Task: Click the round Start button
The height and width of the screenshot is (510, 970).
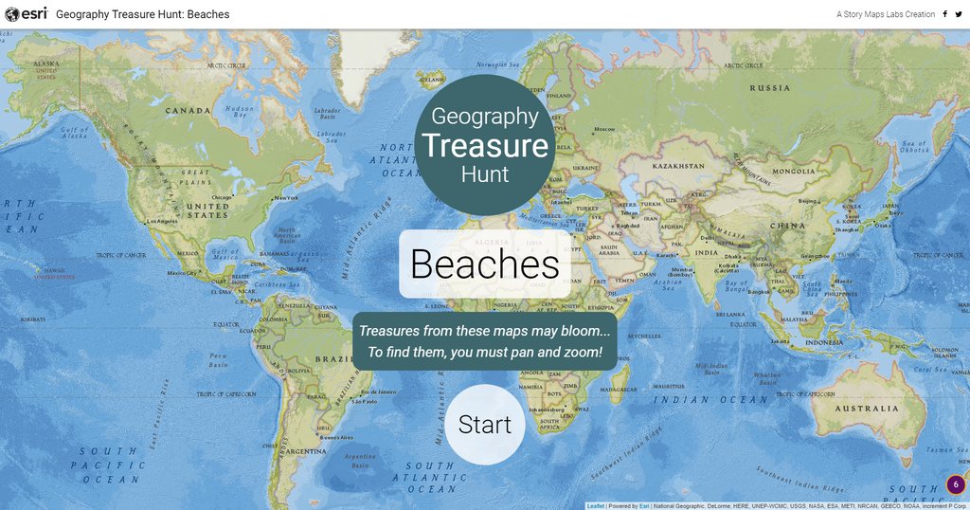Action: pyautogui.click(x=485, y=425)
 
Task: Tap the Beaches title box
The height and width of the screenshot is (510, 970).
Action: pyautogui.click(x=485, y=264)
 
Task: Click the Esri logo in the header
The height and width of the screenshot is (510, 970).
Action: pyautogui.click(x=26, y=14)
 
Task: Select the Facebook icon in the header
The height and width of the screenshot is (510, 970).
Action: pyautogui.click(x=944, y=14)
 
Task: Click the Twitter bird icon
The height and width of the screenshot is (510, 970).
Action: pyautogui.click(x=958, y=14)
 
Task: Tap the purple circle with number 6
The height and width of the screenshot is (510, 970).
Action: pyautogui.click(x=956, y=484)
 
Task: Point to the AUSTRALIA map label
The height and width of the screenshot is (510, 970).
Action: pyautogui.click(x=868, y=409)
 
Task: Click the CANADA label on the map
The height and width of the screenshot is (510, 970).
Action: pyautogui.click(x=188, y=110)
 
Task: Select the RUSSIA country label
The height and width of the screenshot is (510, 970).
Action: pyautogui.click(x=769, y=88)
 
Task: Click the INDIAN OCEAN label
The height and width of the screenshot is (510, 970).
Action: pyautogui.click(x=708, y=400)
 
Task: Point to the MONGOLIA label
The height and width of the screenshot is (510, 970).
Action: pyautogui.click(x=793, y=172)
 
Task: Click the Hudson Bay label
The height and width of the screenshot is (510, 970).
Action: pyautogui.click(x=240, y=112)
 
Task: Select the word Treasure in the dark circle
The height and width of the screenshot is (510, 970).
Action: pyautogui.click(x=485, y=146)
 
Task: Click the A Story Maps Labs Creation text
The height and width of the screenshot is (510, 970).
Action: pyautogui.click(x=885, y=14)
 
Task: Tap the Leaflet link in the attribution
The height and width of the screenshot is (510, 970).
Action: pyautogui.click(x=595, y=506)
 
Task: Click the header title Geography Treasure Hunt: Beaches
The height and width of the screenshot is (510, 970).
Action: pyautogui.click(x=142, y=14)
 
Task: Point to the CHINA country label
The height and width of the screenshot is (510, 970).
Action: pyautogui.click(x=787, y=226)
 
